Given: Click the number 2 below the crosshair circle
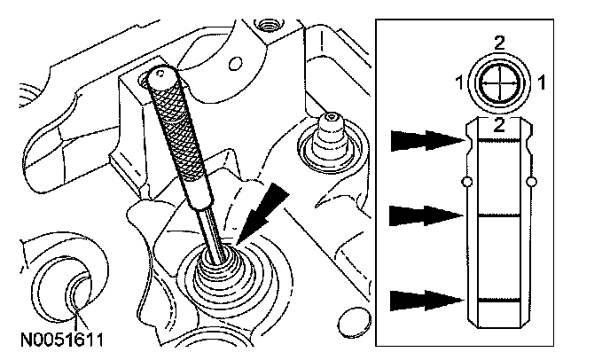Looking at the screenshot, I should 499,124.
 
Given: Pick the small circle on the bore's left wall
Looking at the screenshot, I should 466,182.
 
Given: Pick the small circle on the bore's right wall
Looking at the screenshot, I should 532,182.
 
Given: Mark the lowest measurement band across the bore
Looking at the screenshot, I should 499,301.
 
